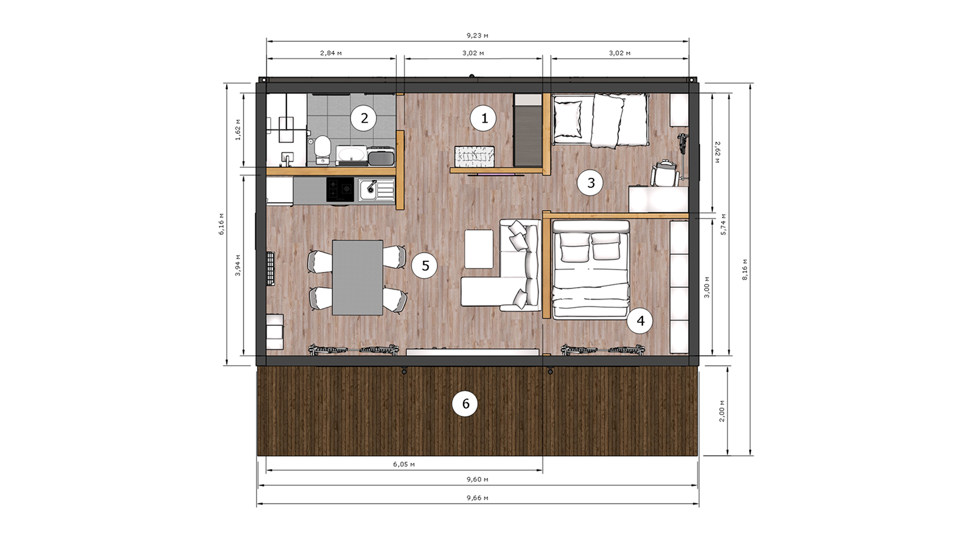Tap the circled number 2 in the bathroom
coord(364,118)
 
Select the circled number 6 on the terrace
coord(466,403)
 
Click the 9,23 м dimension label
coord(477,35)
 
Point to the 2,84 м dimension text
coord(331,53)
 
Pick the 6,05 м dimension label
coord(404,465)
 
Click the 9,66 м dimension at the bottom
coord(477,498)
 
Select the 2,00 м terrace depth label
coord(722,411)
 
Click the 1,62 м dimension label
coord(238,130)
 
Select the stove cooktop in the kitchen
coord(340,189)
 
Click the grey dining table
coord(358,278)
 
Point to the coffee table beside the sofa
coord(479,249)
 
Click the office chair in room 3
coord(665,173)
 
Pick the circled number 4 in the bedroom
coord(641,321)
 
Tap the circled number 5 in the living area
coord(425,265)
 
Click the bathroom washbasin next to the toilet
coord(351,154)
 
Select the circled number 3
coord(591,183)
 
